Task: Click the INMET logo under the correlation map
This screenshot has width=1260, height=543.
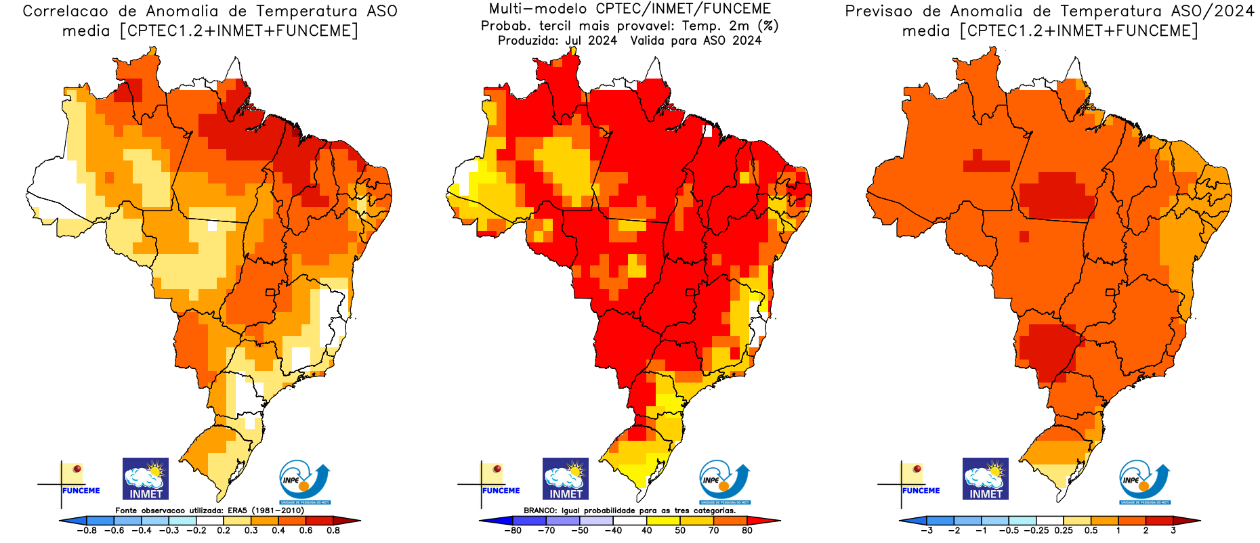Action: [146, 479]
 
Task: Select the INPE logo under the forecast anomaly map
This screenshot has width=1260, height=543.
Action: [1144, 482]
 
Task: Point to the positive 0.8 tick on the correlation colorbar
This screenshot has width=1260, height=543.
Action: [333, 531]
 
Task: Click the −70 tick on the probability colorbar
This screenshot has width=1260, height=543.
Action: [546, 531]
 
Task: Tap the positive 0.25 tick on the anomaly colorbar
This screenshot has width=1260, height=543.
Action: [1064, 531]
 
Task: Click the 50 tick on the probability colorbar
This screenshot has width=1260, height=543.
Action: [680, 531]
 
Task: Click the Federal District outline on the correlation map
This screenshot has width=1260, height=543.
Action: [270, 292]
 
